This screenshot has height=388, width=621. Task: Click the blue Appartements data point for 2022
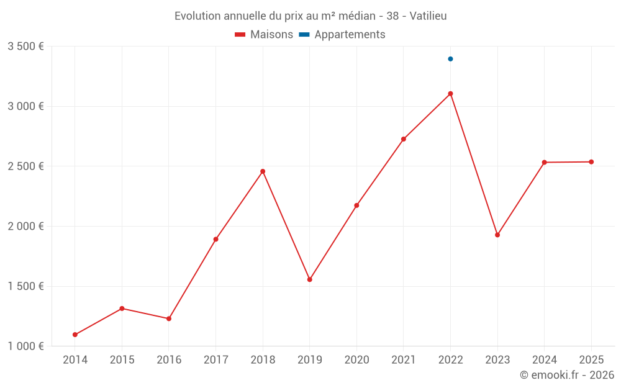click(450, 59)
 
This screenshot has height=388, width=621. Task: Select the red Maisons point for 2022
click(450, 94)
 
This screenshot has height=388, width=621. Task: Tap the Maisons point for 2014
click(75, 335)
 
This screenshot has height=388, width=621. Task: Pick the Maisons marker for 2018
click(263, 171)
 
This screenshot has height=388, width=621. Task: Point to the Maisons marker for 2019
click(310, 279)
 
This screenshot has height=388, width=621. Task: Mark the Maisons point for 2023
click(497, 235)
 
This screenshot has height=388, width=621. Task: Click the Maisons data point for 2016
click(169, 318)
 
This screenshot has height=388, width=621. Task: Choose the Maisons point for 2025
click(591, 162)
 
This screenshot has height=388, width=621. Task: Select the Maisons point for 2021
click(404, 139)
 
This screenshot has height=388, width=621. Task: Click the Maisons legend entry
click(264, 35)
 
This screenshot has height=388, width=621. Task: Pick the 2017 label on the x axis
click(215, 359)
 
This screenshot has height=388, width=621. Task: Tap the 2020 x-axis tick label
click(356, 359)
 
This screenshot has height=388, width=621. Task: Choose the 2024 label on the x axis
click(544, 359)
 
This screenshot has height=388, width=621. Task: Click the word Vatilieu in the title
click(428, 16)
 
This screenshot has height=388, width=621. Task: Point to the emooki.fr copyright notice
click(567, 375)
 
